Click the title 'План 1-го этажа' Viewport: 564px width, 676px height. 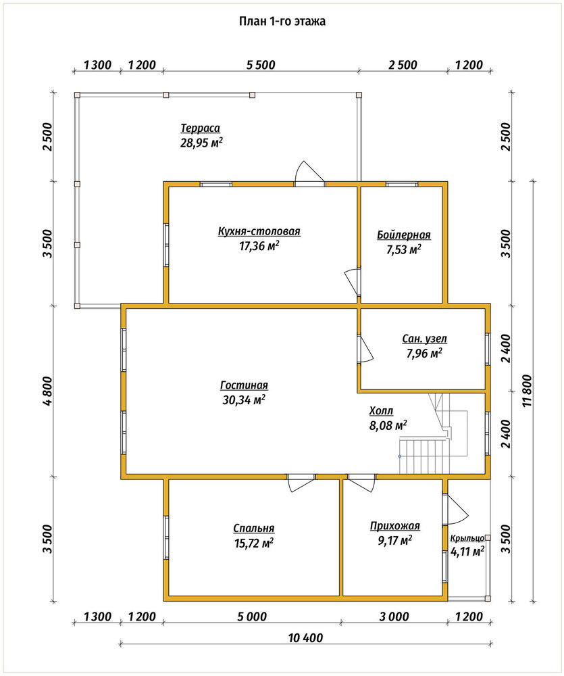tap(282, 21)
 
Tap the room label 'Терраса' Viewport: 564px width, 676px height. tap(201, 128)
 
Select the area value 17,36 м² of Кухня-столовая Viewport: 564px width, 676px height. tap(259, 246)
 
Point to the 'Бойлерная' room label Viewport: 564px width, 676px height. tap(404, 235)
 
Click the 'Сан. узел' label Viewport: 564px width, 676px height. tap(424, 339)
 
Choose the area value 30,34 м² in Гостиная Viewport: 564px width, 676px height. tap(243, 400)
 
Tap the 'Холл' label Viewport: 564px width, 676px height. tap(382, 411)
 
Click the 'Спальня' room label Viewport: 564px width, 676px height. tap(254, 529)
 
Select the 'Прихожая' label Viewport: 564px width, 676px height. tap(394, 526)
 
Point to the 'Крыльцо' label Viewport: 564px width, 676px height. tap(467, 539)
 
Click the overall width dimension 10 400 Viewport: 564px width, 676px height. tap(305, 637)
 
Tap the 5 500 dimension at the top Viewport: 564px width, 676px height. tap(261, 65)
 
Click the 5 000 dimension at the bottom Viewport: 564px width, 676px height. tap(252, 617)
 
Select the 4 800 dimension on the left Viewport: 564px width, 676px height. tap(47, 391)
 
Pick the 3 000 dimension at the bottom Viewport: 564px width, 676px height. tap(394, 617)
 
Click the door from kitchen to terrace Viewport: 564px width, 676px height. tap(309, 174)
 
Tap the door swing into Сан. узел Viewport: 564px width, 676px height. tap(365, 348)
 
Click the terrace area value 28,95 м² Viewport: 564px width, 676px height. tap(201, 143)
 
